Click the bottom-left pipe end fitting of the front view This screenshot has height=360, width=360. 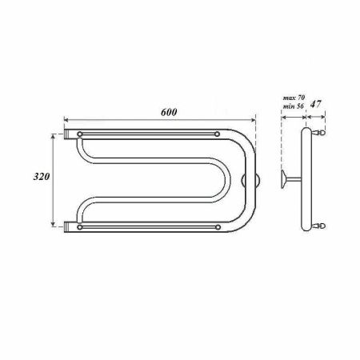click(x=67, y=227)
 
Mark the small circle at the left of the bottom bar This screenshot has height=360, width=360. click(x=80, y=227)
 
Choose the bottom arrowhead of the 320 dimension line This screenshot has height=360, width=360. click(x=55, y=223)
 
